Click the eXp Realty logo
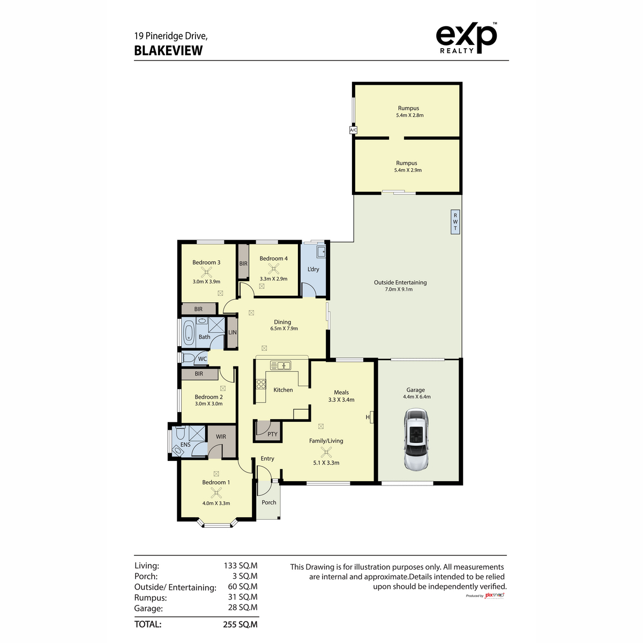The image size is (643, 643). click(x=466, y=38)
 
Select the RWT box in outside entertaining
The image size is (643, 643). click(x=455, y=221)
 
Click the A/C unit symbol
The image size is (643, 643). click(x=353, y=130)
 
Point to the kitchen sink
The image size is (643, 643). click(x=280, y=365)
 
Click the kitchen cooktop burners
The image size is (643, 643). click(x=261, y=384)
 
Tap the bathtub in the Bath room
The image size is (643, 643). click(x=189, y=333)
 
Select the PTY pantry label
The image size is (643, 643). click(x=272, y=434)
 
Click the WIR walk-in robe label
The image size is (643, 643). click(x=221, y=437)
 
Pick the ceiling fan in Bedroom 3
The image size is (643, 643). click(x=206, y=272)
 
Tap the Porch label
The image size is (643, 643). click(x=269, y=503)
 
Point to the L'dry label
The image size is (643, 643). click(x=313, y=269)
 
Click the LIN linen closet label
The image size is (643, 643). click(x=232, y=333)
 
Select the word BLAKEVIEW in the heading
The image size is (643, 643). click(x=168, y=51)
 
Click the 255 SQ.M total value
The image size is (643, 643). click(x=240, y=624)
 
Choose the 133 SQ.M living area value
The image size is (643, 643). click(x=240, y=565)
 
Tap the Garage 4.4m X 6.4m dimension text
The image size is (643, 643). click(x=416, y=397)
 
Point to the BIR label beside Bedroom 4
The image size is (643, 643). click(x=243, y=264)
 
